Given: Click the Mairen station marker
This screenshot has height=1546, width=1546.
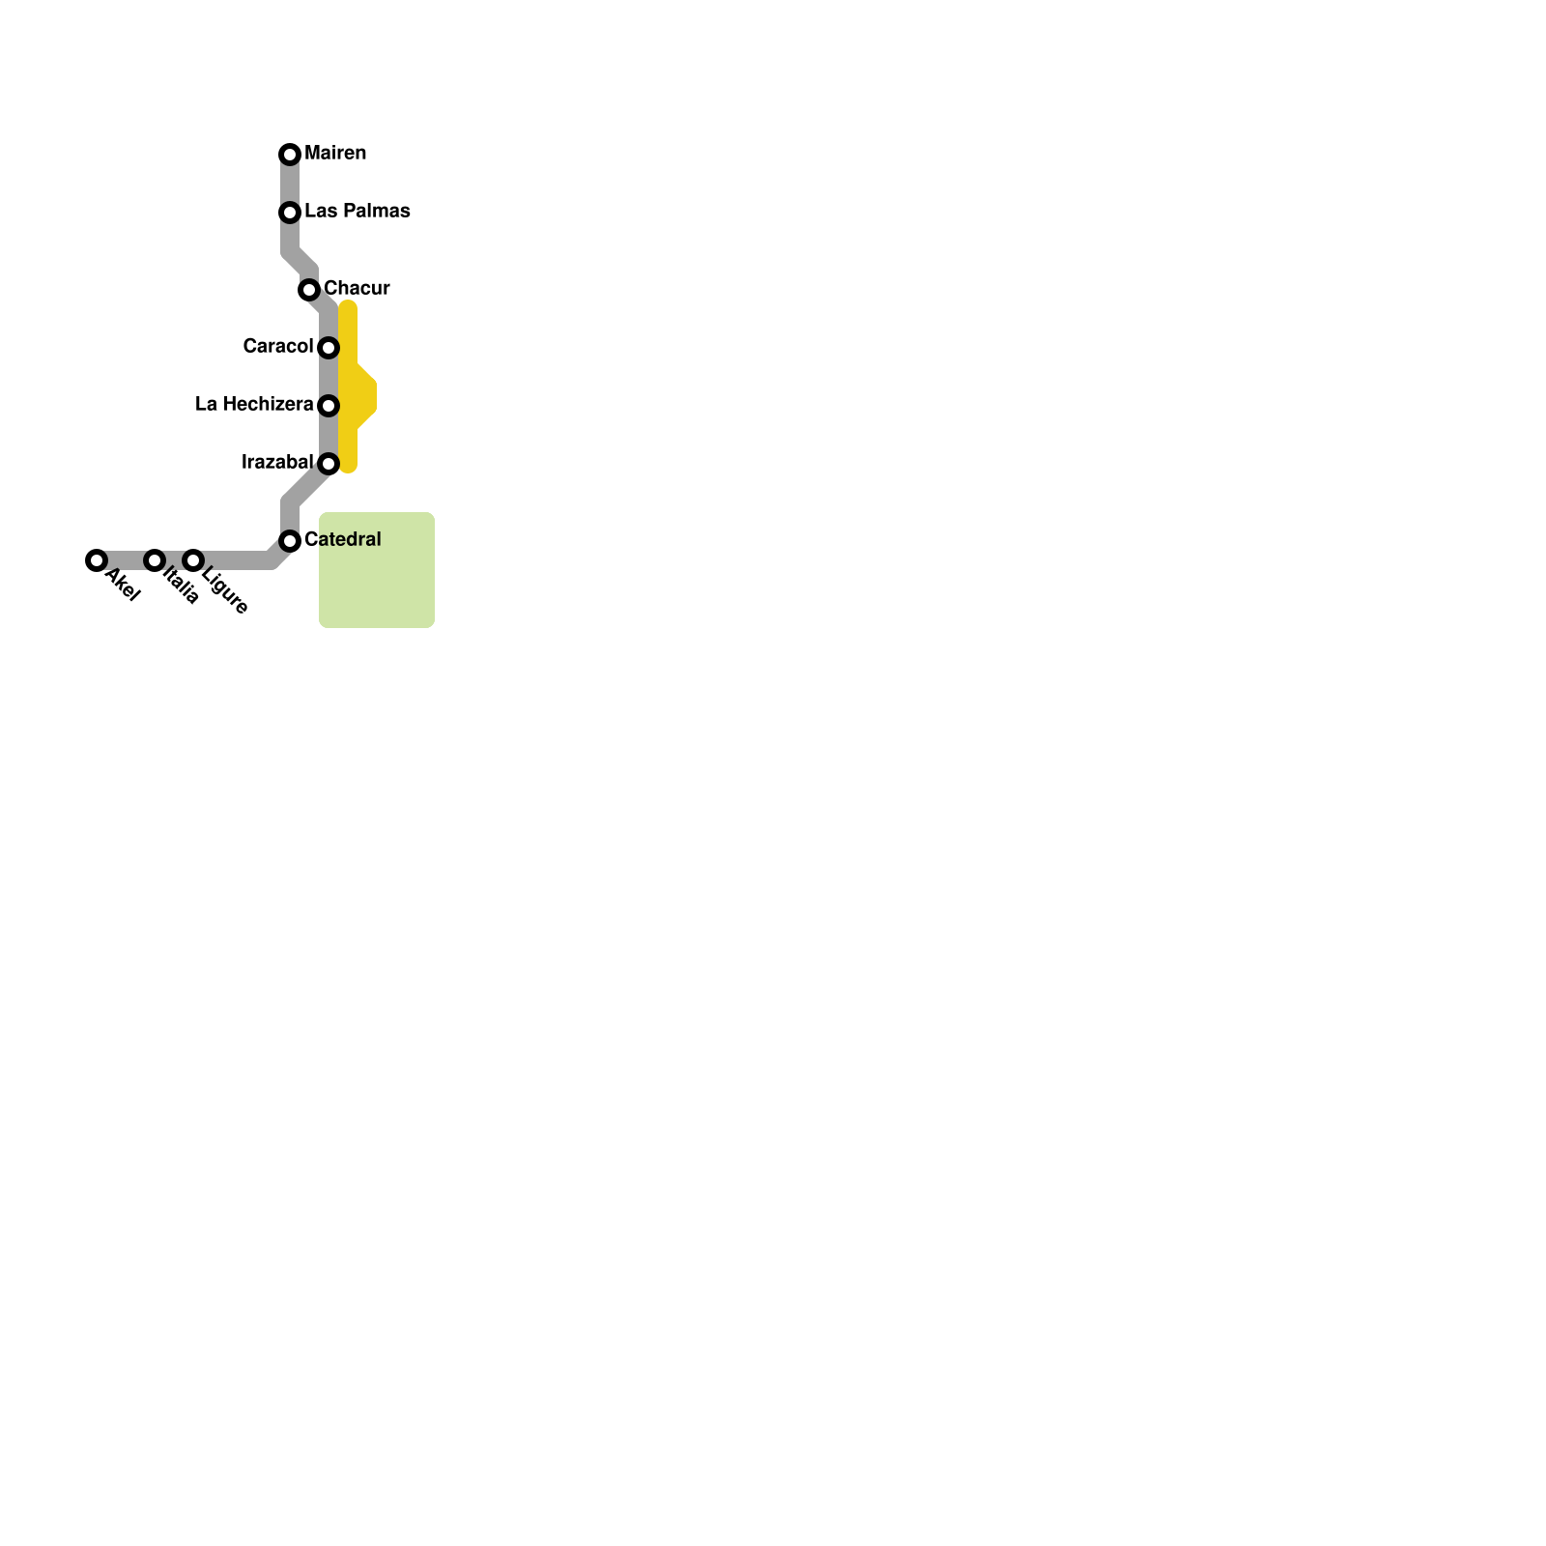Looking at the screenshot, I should tap(290, 155).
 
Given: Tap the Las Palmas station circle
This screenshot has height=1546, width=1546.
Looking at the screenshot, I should tap(290, 213).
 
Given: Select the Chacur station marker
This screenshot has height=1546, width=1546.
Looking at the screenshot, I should tap(309, 290).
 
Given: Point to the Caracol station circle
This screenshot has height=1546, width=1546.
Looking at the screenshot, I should tap(329, 348).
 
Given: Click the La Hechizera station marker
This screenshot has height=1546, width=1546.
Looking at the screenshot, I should tap(329, 406).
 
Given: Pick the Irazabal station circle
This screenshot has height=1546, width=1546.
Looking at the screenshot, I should tap(329, 464).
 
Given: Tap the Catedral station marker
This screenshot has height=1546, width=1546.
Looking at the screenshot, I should tap(290, 541).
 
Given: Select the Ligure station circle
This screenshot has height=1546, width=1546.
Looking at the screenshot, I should tap(193, 560).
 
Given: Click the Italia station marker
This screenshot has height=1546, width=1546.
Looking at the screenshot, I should tap(155, 560).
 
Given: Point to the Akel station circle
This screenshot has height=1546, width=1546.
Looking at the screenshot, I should tap(96, 560).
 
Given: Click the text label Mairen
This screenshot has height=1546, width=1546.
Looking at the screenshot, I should tap(335, 154).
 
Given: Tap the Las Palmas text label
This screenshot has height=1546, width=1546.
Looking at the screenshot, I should tap(357, 212).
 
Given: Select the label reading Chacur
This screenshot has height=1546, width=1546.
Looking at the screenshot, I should tap(357, 289).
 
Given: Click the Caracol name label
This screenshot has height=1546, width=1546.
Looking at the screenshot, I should tap(278, 347).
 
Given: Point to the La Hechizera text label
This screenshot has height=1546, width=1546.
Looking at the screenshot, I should tap(254, 405).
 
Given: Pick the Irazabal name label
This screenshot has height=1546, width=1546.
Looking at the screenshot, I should tap(277, 463).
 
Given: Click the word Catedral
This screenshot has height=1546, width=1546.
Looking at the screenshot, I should tap(343, 540).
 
